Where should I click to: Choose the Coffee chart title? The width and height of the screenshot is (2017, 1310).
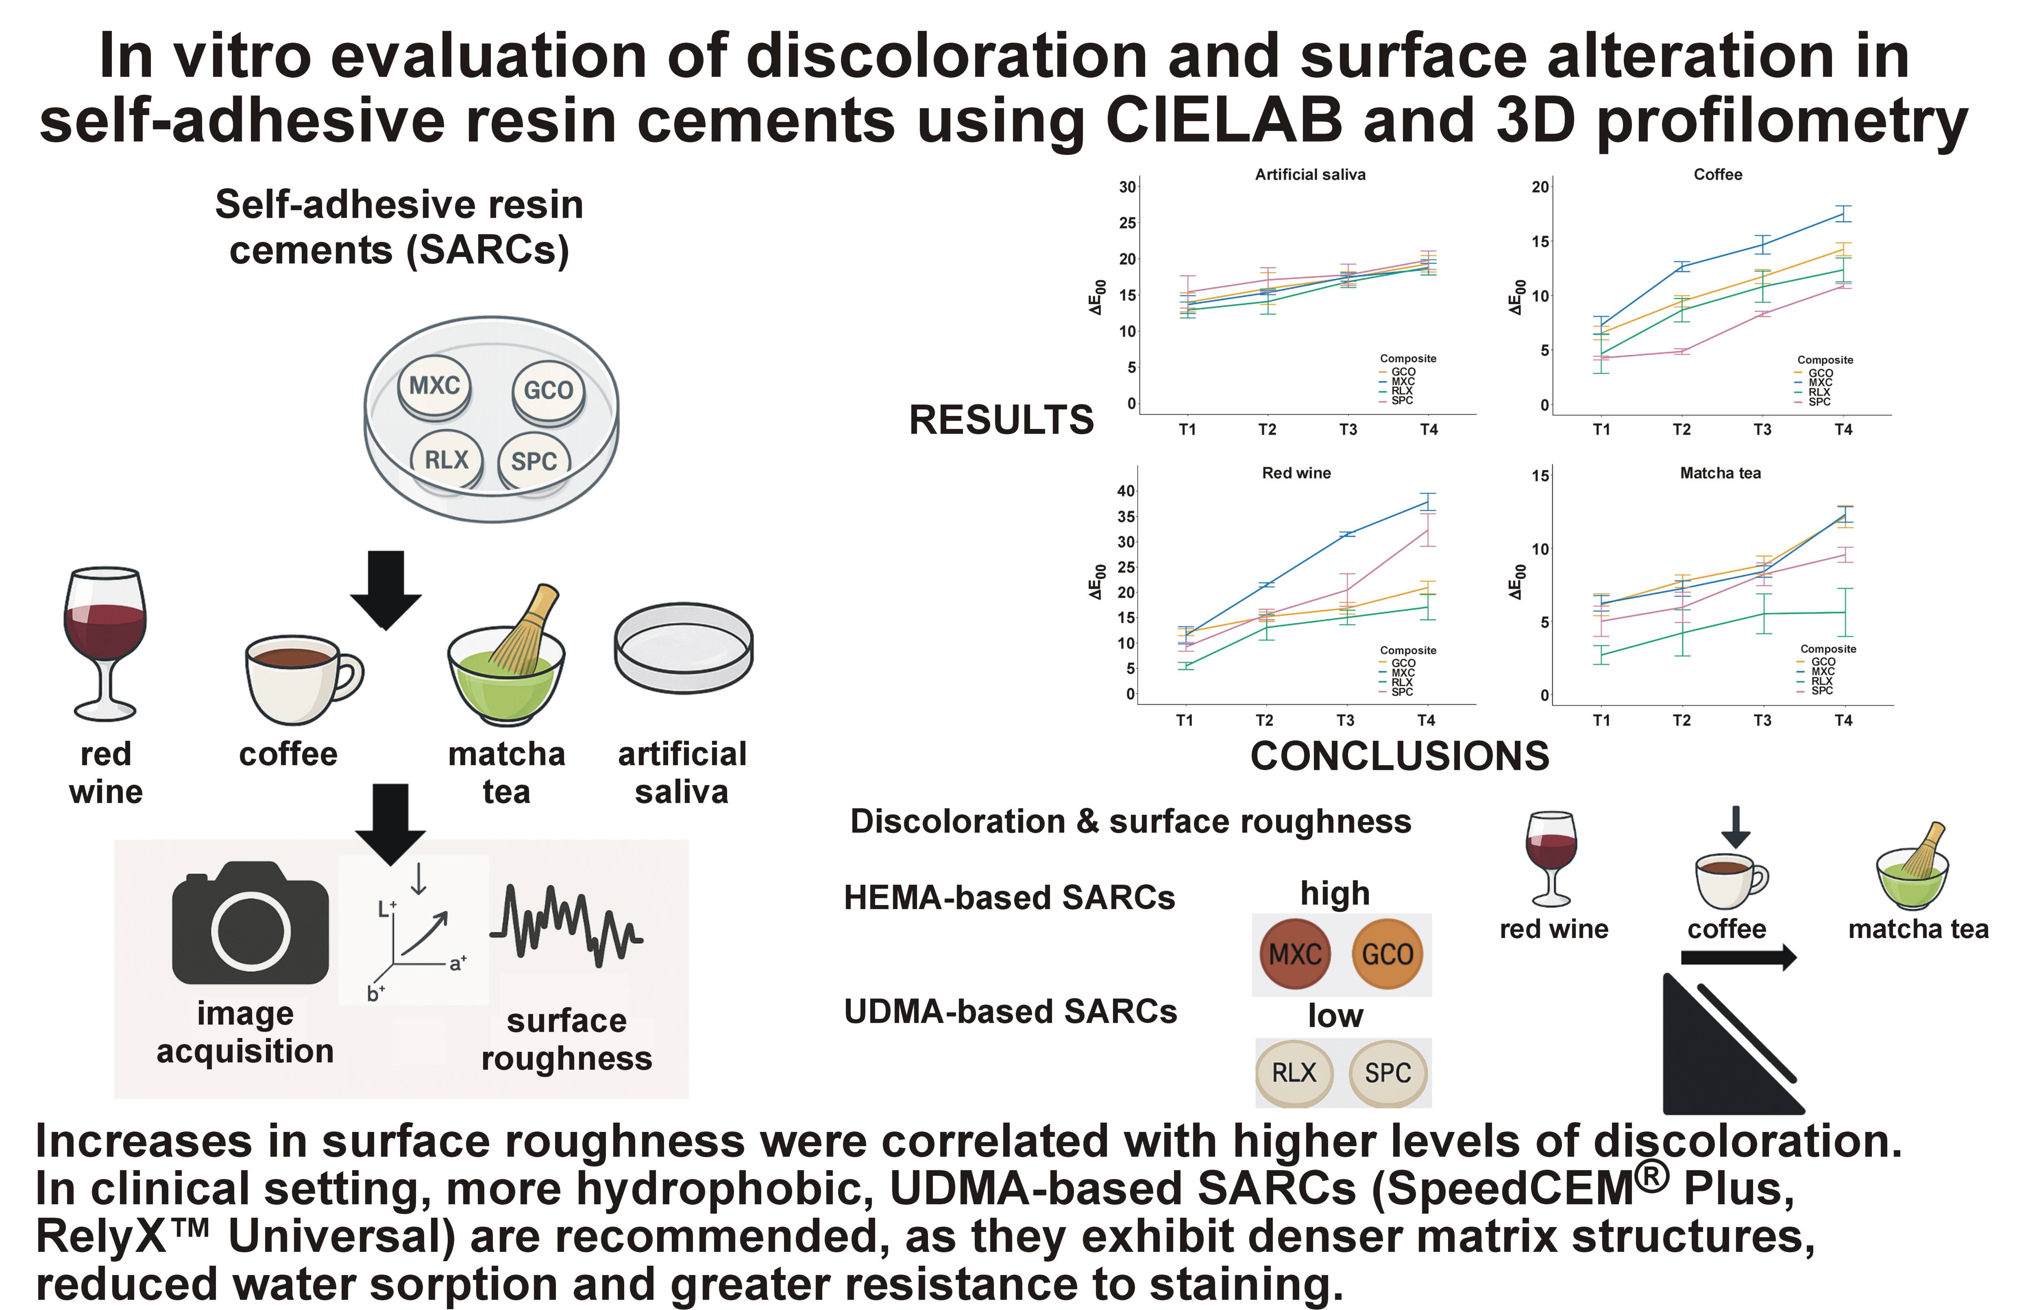pyautogui.click(x=1718, y=174)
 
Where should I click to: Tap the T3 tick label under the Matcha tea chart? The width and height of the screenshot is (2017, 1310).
pyautogui.click(x=1762, y=720)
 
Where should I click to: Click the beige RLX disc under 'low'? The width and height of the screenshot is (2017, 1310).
pyautogui.click(x=1294, y=1073)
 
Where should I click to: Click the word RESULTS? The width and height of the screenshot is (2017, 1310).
pyautogui.click(x=1001, y=420)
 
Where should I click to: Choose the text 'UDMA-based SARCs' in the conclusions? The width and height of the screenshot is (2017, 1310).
pyautogui.click(x=1010, y=1012)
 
